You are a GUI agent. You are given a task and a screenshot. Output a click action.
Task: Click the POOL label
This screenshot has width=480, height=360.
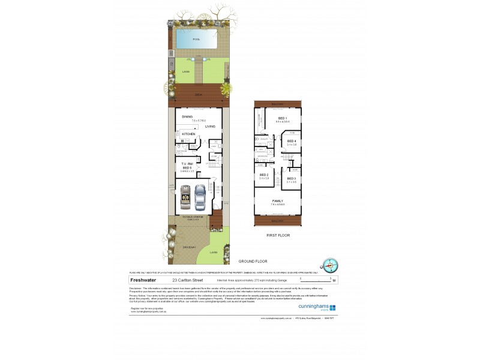pyautogui.click(x=196, y=40)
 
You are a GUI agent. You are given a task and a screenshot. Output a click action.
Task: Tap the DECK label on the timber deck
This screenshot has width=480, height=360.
pyautogui.click(x=198, y=95)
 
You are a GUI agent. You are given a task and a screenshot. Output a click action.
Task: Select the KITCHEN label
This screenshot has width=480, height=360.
pyautogui.click(x=189, y=134)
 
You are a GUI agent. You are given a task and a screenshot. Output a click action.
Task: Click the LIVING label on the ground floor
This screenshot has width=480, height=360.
pyautogui.click(x=210, y=127)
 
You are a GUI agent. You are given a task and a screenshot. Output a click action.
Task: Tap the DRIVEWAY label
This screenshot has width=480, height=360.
pyautogui.click(x=183, y=247)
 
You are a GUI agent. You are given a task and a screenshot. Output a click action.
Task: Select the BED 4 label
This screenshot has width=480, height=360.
pyautogui.click(x=291, y=142)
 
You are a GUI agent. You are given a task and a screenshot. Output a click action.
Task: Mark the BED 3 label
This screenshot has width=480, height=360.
pyautogui.click(x=291, y=178)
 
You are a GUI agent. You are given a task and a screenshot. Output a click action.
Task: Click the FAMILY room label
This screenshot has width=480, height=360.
pyautogui.click(x=278, y=201)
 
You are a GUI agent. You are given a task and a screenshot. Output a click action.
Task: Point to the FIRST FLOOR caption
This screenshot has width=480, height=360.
pyautogui.click(x=278, y=235)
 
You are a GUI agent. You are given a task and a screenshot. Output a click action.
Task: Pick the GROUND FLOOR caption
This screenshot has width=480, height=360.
pyautogui.click(x=251, y=262)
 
